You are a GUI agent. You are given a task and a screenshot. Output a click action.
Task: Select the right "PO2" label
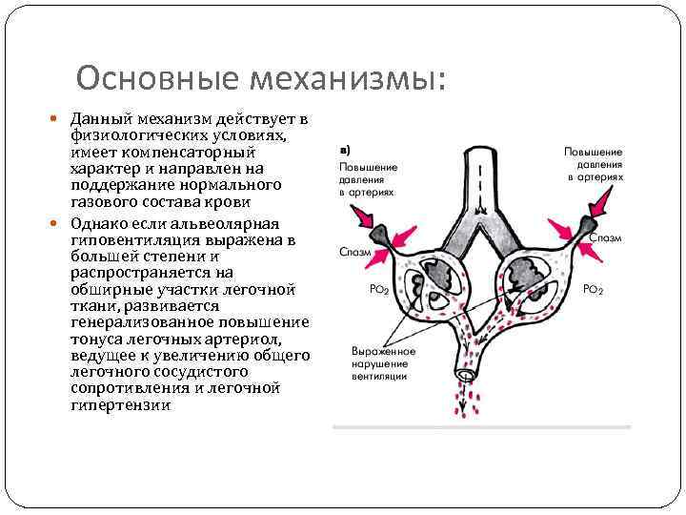coord(593,289)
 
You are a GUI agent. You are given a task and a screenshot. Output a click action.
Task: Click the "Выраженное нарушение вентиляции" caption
coord(378,363)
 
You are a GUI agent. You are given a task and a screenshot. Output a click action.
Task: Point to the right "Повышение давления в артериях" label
coord(594,164)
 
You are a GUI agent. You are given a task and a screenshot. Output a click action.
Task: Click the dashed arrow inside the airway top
coord(479,187)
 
